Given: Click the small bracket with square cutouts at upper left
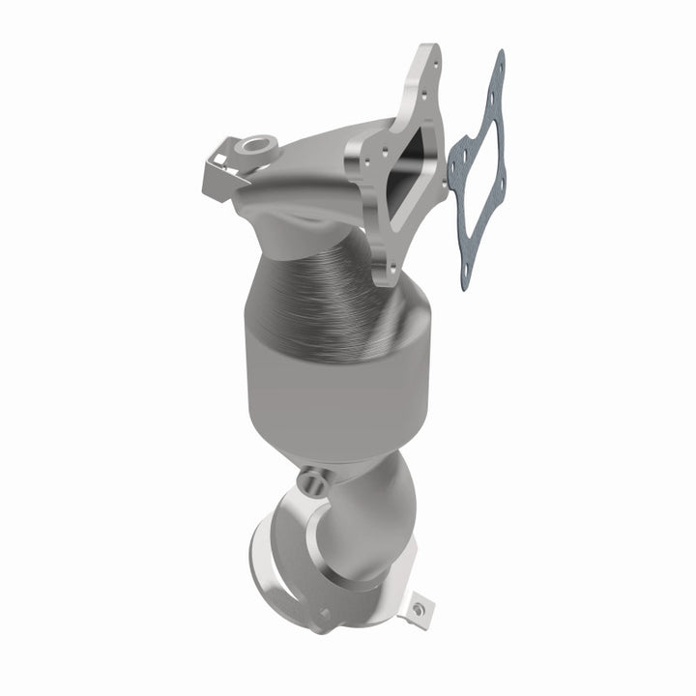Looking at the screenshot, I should pyautogui.click(x=217, y=164).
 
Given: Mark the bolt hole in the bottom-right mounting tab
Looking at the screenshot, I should pyautogui.click(x=419, y=609).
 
